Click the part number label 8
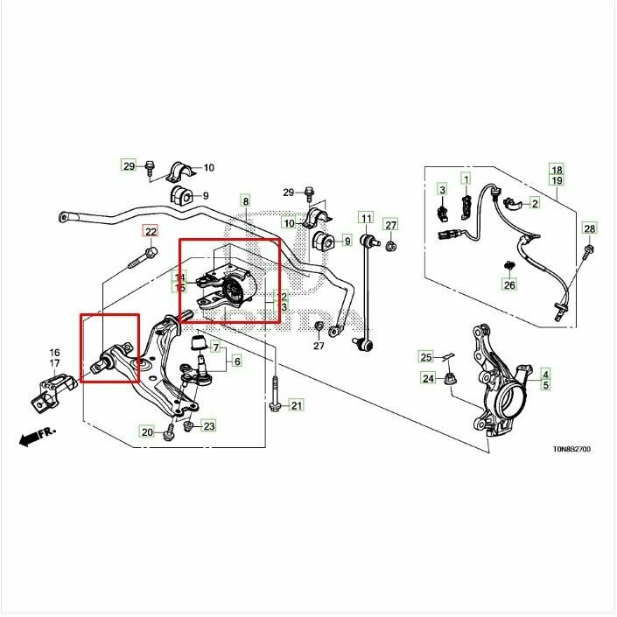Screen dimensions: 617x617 [x=246, y=201]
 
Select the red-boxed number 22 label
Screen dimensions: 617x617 [x=151, y=232]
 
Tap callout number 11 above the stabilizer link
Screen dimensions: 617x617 [x=365, y=218]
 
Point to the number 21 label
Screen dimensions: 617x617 [x=296, y=405]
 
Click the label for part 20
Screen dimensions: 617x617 [x=147, y=431]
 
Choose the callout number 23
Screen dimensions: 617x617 [x=208, y=426]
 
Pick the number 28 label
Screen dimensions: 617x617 [x=589, y=229]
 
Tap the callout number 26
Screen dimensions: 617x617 [x=509, y=284]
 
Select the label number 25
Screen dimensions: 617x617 [x=426, y=357]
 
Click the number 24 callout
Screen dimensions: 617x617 [x=428, y=378]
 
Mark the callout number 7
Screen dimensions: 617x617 [x=215, y=349]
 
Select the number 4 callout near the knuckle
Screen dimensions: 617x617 [x=544, y=373]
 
